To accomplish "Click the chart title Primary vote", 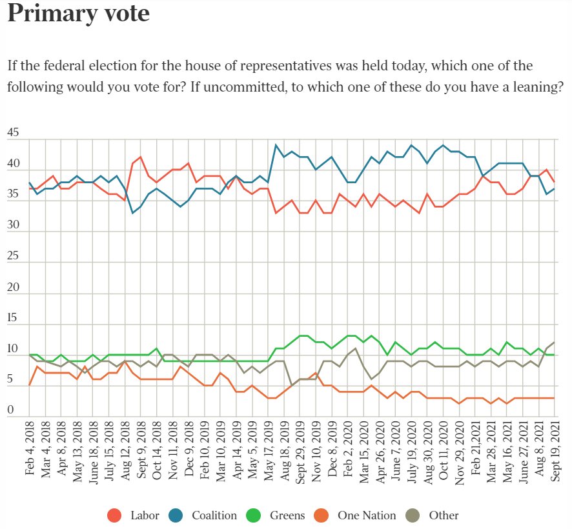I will (78, 14).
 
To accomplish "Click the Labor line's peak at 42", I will (141, 157).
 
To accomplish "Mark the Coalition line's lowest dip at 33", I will (133, 212).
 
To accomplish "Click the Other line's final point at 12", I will (555, 342).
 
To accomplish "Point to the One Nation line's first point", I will (30, 385).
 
